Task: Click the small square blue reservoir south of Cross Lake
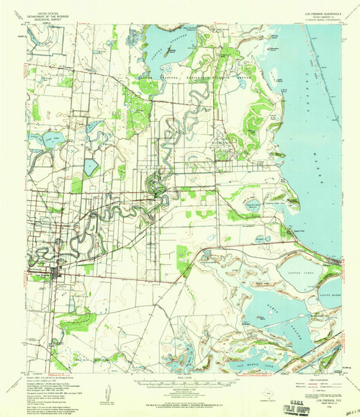click(x=90, y=167)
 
